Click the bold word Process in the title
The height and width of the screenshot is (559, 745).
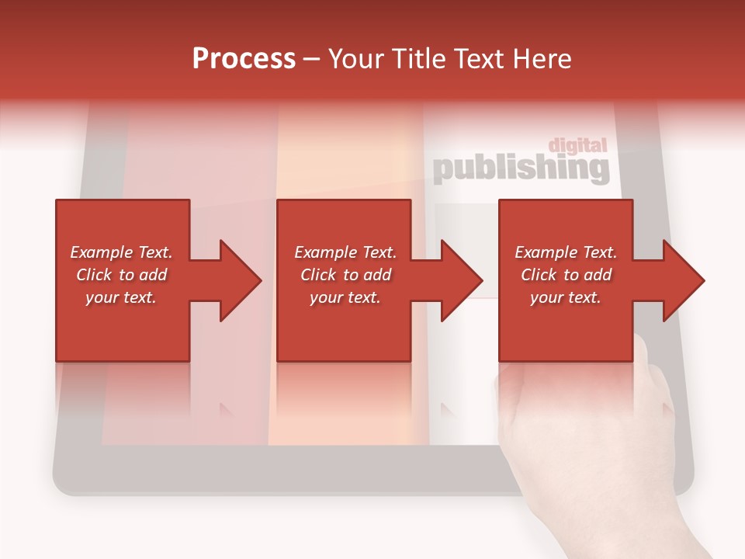pos(244,59)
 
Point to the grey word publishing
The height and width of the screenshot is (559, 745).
pos(520,168)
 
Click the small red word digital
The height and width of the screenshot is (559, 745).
pos(577,145)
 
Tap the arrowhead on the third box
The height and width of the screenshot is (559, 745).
pos(683,280)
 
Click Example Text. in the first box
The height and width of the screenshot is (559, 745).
pos(121,252)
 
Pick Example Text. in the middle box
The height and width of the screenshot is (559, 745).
pos(345,252)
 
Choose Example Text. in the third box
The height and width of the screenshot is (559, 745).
pos(566,252)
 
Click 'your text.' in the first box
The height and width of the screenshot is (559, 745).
pos(121,297)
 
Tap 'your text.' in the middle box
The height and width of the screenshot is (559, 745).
pos(345,297)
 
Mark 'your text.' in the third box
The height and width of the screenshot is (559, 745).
pos(566,297)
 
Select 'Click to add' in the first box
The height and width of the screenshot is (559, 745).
pos(121,275)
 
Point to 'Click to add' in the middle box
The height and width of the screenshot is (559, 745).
pos(345,275)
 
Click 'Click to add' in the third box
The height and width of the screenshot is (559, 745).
pos(566,275)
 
